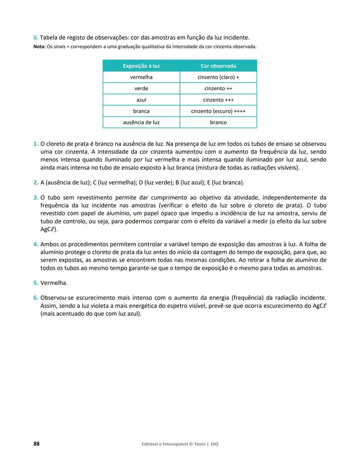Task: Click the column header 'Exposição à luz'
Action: (x=141, y=66)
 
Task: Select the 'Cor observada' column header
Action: (x=218, y=66)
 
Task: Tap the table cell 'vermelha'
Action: (x=141, y=77)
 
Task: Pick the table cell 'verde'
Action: (x=141, y=89)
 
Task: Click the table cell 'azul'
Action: (x=141, y=100)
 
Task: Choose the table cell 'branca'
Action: (x=141, y=111)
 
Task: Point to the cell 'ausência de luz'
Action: (x=141, y=123)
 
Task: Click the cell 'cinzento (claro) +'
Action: (x=218, y=77)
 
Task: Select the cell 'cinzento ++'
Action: (x=218, y=89)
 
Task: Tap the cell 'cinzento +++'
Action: (x=218, y=100)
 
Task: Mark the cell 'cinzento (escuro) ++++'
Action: (x=218, y=111)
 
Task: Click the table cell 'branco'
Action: (x=218, y=123)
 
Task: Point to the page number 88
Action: (x=36, y=444)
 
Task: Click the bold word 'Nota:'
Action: (x=39, y=47)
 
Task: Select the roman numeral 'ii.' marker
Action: (x=36, y=38)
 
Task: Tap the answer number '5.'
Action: (x=36, y=283)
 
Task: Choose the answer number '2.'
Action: (x=36, y=183)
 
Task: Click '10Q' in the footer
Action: (x=214, y=444)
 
